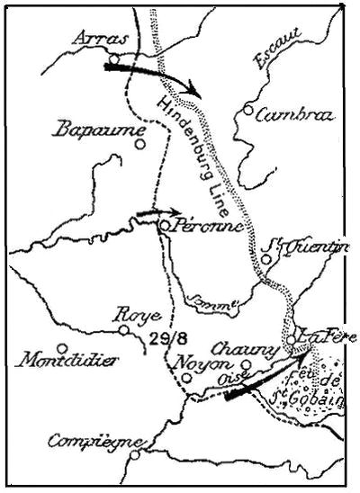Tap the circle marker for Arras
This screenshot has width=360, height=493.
point(115,59)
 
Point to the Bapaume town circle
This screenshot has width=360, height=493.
point(140,142)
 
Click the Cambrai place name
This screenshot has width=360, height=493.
point(294,115)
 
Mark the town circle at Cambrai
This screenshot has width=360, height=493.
point(247,111)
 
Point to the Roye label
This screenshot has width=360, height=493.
point(137,316)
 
